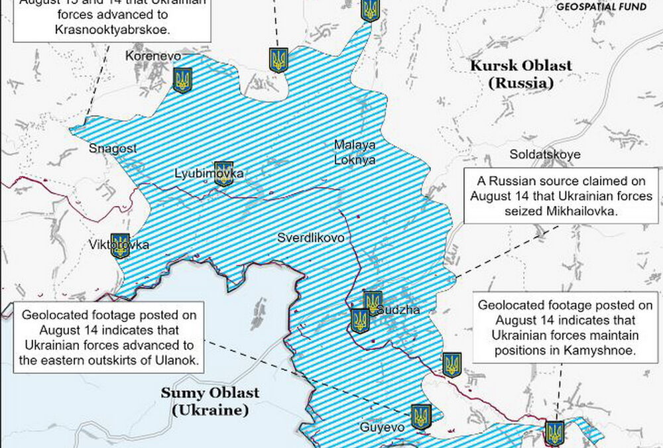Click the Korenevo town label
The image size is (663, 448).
153,56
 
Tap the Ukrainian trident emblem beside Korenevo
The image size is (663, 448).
182,80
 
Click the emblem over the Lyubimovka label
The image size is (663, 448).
224,173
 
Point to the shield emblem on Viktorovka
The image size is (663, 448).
120,245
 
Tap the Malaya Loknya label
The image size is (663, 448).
355,152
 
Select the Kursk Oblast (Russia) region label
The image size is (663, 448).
520,74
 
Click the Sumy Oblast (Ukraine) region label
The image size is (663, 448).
210,401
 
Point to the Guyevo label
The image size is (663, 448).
382,427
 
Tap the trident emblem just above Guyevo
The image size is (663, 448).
420,417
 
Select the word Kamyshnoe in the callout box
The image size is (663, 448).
601,351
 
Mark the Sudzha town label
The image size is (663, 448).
398,310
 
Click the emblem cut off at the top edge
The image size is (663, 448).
370,10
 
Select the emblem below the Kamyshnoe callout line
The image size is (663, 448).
554,432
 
